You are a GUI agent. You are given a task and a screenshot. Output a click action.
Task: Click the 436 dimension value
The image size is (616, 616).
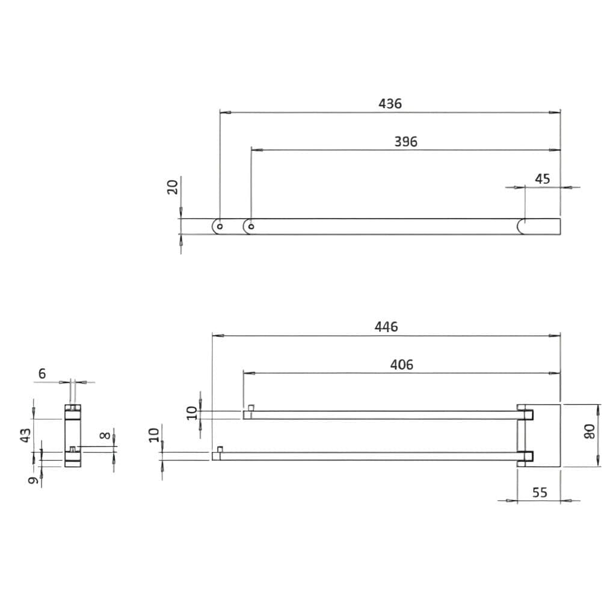coord(390,103)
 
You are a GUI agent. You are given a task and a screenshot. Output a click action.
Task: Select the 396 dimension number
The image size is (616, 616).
coord(405,142)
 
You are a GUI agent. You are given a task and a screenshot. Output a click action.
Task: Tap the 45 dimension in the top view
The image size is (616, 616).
coord(543,179)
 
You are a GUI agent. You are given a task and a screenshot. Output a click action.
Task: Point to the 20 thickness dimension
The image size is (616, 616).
coord(173,187)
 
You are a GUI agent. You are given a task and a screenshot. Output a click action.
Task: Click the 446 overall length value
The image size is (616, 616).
coord(386,327)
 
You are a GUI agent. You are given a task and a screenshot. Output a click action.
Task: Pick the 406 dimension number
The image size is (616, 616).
coord(401,365)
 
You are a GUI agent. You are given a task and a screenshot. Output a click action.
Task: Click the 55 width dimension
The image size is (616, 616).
coord(540,492)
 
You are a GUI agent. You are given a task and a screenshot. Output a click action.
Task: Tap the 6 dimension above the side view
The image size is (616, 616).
coord(42,374)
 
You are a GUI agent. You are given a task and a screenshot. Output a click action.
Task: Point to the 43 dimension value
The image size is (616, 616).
coord(25,436)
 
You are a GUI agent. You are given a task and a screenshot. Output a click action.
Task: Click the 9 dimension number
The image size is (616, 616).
coord(34,479)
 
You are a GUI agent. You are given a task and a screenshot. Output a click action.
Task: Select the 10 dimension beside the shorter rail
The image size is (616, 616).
coord(191,413)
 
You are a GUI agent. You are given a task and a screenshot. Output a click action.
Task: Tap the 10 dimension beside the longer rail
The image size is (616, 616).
coord(154,434)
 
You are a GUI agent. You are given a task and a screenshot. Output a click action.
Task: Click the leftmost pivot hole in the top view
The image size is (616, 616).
coord(220,227)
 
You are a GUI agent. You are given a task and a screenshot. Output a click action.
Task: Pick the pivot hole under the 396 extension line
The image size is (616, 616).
coord(251,227)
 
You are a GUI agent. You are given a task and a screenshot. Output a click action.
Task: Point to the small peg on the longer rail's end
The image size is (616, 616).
coord(220,449)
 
